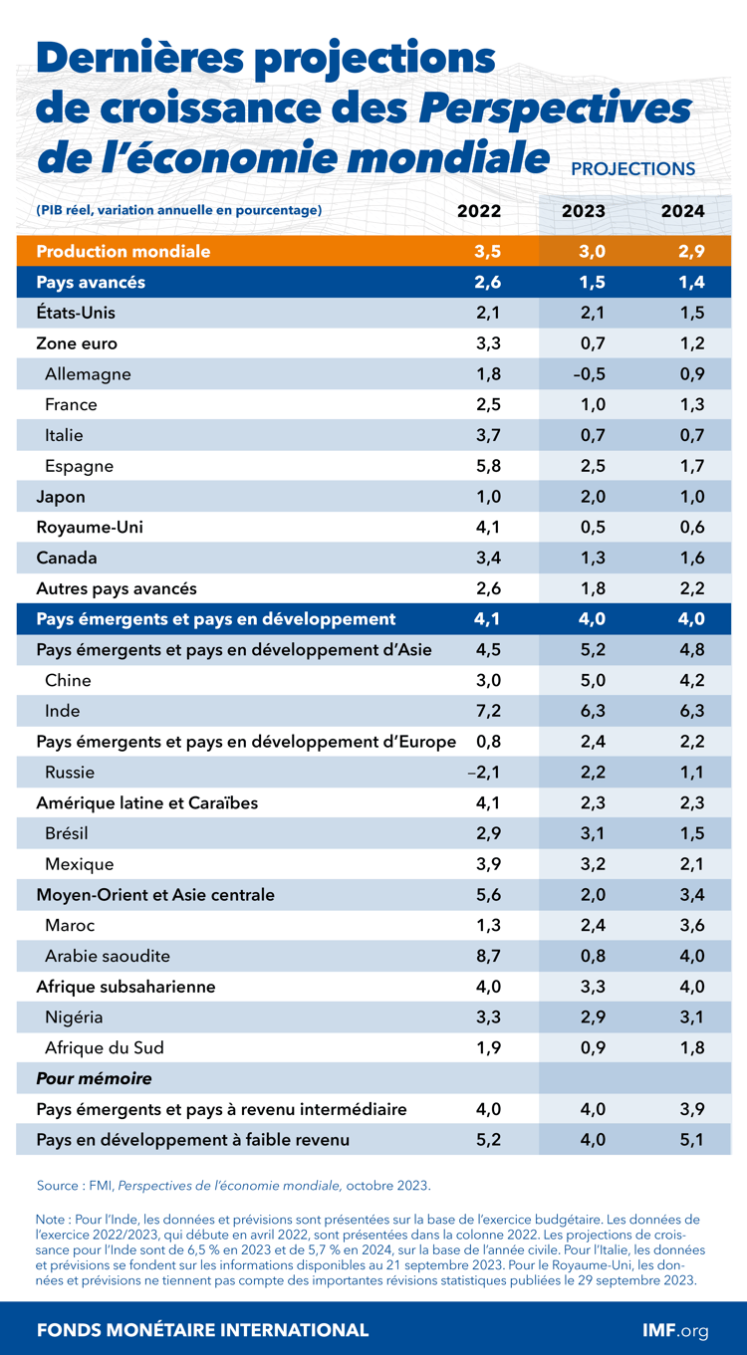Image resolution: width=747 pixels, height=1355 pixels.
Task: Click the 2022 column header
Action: pyautogui.click(x=479, y=211)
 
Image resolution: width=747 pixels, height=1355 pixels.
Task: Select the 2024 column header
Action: pyautogui.click(x=683, y=211)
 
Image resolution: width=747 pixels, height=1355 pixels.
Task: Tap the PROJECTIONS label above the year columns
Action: pyautogui.click(x=632, y=169)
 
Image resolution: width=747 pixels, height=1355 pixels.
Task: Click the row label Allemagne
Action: pyautogui.click(x=88, y=374)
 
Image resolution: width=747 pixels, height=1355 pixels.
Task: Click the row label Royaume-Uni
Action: pyautogui.click(x=90, y=527)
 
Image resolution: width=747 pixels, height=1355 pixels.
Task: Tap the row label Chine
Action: pyautogui.click(x=68, y=680)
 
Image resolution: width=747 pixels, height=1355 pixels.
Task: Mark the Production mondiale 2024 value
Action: pyautogui.click(x=691, y=252)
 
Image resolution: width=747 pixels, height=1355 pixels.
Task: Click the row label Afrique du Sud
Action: pyautogui.click(x=105, y=1047)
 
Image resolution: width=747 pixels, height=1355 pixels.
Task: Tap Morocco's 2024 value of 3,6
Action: pyautogui.click(x=691, y=925)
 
